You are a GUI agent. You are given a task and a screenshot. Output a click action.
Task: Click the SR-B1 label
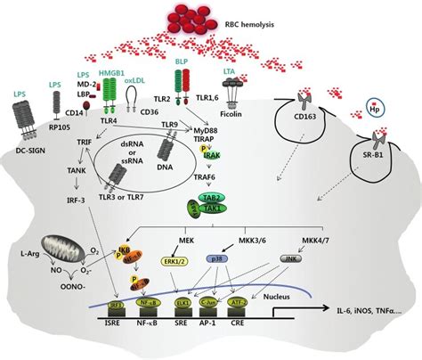(377, 168)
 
